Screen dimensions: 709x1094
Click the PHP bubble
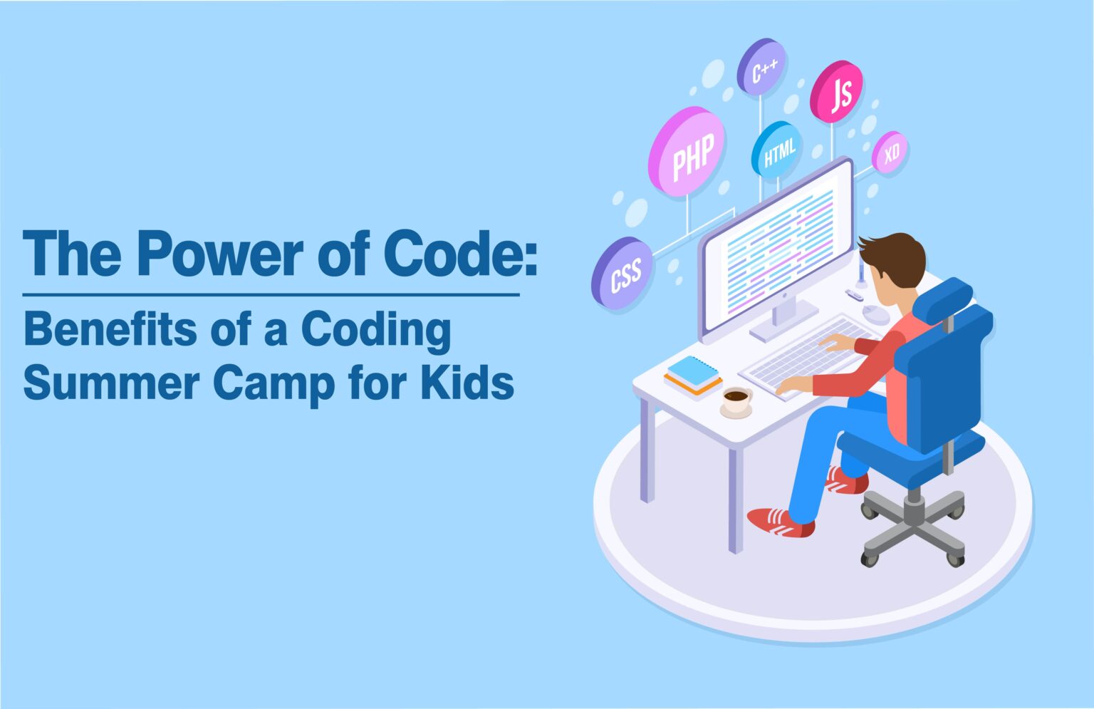688,152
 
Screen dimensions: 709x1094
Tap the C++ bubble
762,68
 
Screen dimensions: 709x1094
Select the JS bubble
838,91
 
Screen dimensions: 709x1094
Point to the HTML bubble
777,150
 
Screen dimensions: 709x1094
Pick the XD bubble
890,153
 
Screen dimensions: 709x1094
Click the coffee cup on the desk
736,400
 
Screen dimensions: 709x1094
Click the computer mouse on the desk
875,314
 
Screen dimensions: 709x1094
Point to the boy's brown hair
895,257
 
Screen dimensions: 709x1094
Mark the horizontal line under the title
271,294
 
